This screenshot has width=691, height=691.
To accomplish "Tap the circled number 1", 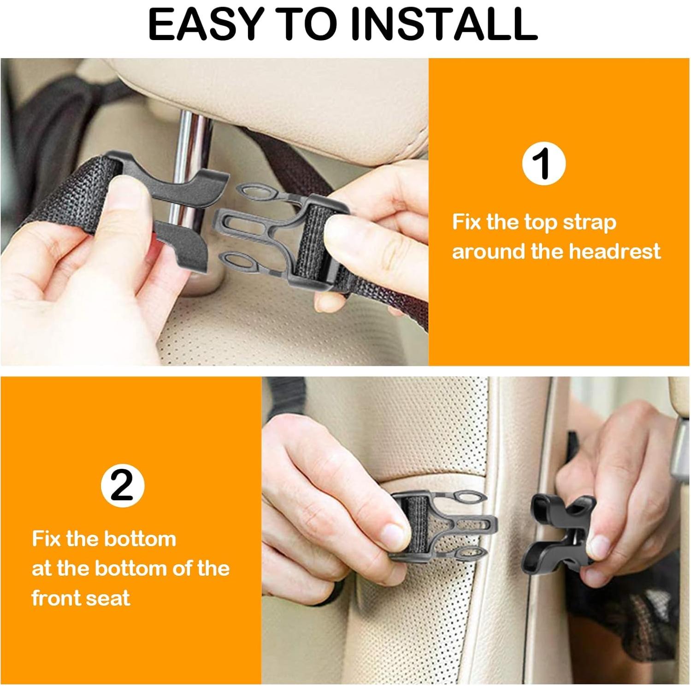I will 543,163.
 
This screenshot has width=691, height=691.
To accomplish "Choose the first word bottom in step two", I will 140,539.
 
